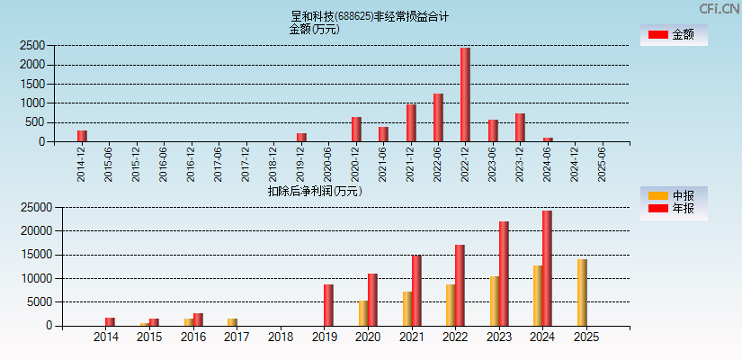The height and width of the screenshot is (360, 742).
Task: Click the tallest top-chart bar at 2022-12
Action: (x=465, y=94)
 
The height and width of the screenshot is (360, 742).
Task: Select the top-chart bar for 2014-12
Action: (x=82, y=136)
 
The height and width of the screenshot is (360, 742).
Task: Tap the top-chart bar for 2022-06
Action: (x=438, y=118)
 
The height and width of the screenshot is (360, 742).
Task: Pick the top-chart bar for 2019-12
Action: (x=301, y=138)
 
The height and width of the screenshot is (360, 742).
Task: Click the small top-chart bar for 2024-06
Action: (x=548, y=139)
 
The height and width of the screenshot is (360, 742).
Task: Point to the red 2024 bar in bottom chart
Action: (x=547, y=268)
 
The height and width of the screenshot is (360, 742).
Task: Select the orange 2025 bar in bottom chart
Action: (x=582, y=292)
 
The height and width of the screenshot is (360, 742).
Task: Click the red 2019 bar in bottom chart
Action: (x=328, y=305)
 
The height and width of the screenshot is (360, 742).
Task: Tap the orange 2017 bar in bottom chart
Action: (x=232, y=322)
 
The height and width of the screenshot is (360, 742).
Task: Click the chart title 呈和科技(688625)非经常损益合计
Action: (x=370, y=16)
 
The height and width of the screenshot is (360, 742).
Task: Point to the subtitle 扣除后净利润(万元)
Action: (x=315, y=191)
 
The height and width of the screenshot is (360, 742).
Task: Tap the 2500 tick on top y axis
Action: (x=32, y=45)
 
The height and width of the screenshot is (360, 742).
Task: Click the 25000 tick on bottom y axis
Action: (x=36, y=207)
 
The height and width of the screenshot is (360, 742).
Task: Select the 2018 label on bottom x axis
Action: (x=281, y=337)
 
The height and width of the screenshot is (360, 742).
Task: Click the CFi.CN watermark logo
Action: (x=719, y=8)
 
